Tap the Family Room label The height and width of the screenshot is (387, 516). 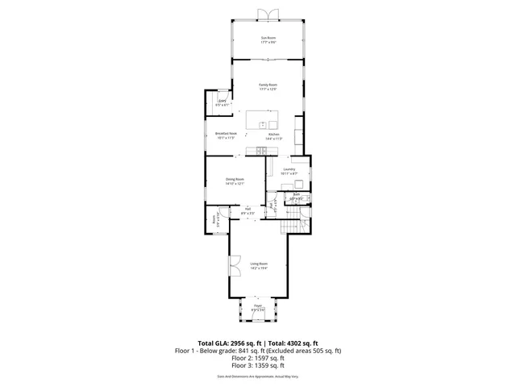point(268,85)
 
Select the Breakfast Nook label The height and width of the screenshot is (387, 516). point(226,133)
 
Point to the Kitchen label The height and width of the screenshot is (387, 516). point(285,134)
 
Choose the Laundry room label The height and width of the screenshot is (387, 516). point(289,169)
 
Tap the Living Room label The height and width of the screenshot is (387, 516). point(258,264)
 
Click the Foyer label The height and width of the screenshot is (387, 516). point(258,306)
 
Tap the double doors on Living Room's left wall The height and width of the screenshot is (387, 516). point(233,265)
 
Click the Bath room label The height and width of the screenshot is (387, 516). point(296,194)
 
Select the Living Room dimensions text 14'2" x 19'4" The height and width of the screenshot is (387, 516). point(258,268)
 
